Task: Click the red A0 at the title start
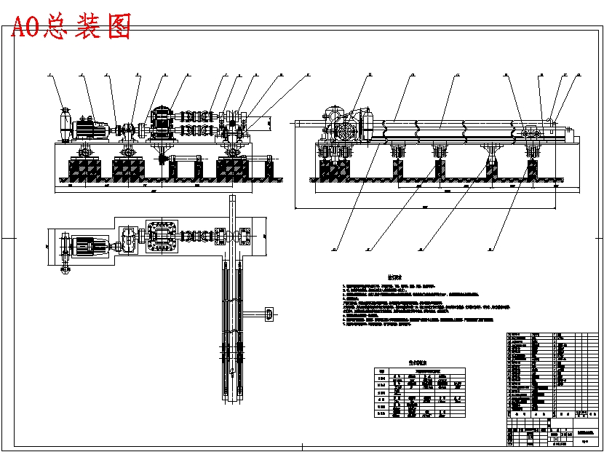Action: pyautogui.click(x=27, y=26)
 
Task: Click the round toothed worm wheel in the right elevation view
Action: pyautogui.click(x=346, y=131)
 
